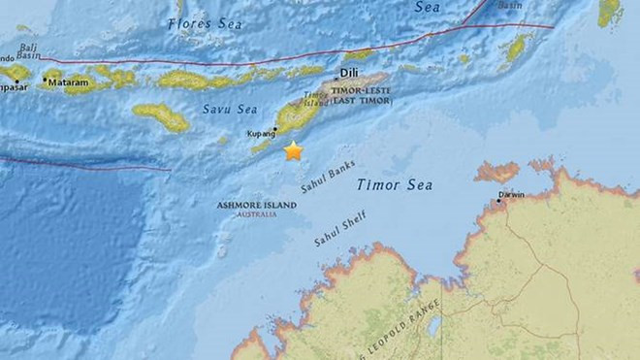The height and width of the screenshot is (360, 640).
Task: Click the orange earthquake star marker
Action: tap(293, 151)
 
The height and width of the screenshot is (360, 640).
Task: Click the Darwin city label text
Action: tap(511, 194)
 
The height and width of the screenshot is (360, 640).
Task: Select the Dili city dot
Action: tap(337, 76)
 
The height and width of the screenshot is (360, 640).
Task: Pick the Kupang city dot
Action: tap(276, 128)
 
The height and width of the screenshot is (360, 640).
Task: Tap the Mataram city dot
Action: tap(45, 81)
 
